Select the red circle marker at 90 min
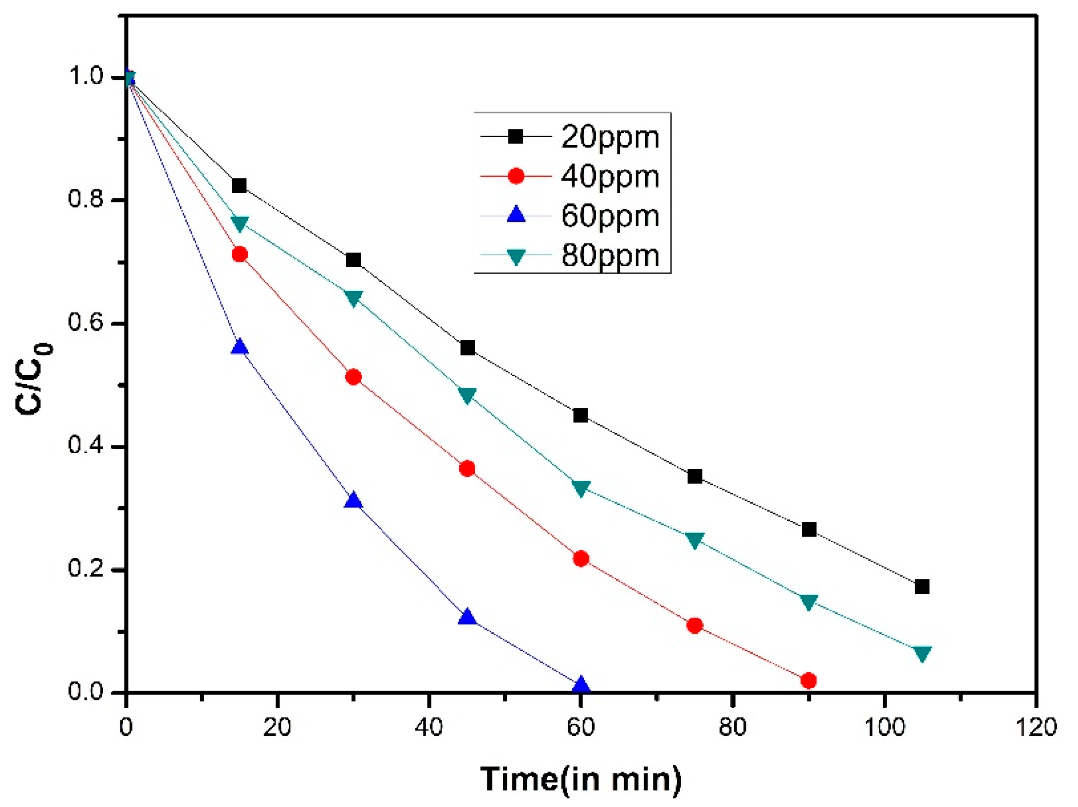coord(808,680)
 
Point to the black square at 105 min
coord(922,587)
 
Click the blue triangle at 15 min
coord(239,347)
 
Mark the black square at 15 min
coord(239,185)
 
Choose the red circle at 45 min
coord(467,469)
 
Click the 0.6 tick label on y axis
coord(86,322)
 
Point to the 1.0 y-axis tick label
coord(86,76)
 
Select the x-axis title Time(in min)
coord(580,779)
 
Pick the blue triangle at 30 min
coord(353,501)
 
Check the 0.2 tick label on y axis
coord(86,569)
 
